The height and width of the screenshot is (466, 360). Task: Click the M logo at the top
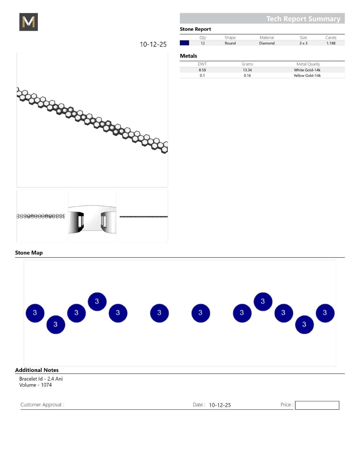point(29,22)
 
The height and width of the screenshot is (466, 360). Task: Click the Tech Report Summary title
point(303,19)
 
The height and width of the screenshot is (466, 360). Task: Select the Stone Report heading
point(195,29)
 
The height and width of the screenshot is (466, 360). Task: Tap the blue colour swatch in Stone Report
point(184,43)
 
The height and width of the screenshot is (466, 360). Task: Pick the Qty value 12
point(203,43)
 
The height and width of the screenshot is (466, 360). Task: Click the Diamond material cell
point(267,43)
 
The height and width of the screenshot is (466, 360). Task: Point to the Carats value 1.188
point(331,43)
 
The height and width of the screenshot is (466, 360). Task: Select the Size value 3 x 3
point(304,43)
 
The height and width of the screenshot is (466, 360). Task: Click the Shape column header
point(230,38)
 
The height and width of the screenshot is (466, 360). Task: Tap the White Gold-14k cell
point(307,70)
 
